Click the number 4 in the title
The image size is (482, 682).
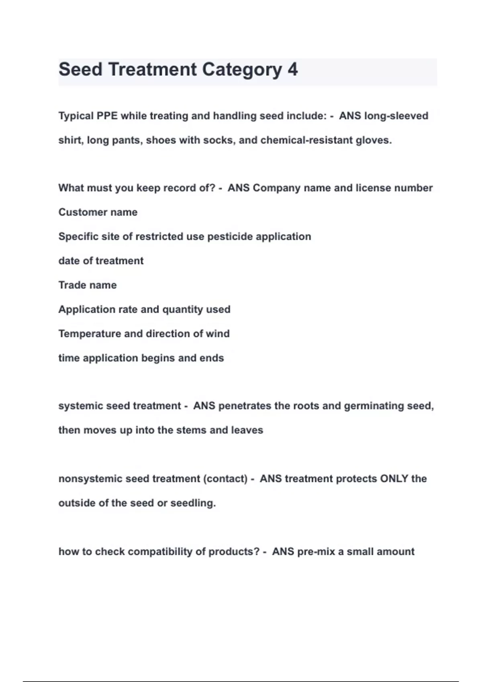point(292,69)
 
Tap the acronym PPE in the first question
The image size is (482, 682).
point(107,116)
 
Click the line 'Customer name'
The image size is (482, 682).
point(98,212)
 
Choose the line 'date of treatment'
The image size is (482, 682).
point(101,261)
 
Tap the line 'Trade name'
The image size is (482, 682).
point(88,285)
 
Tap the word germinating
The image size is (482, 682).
point(374,406)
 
